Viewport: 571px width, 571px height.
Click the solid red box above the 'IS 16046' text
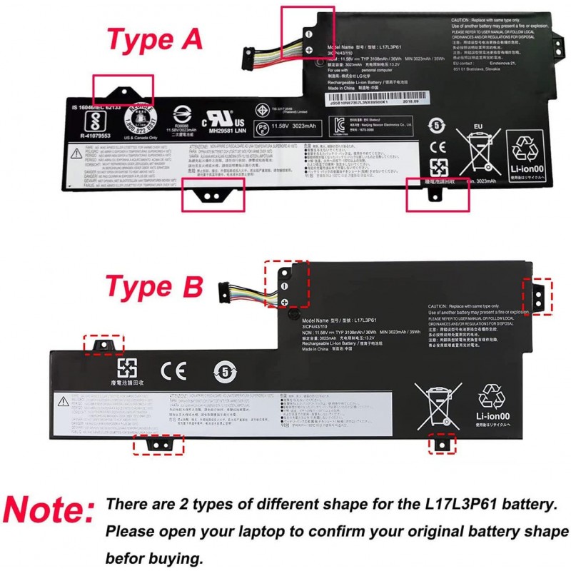coord(122,90)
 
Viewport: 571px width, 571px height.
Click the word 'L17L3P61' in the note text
coord(476,505)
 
